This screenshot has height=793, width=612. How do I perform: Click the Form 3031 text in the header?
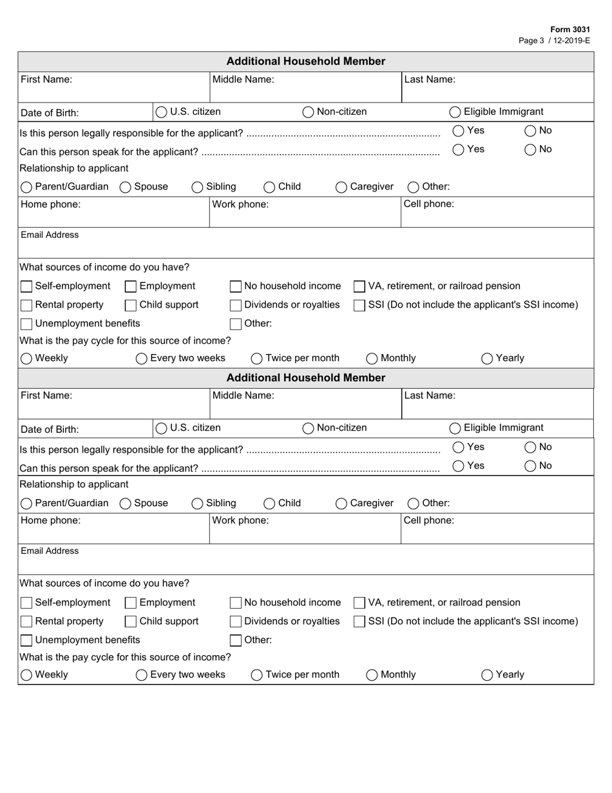pos(569,30)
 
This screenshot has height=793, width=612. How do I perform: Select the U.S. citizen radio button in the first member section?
pos(162,112)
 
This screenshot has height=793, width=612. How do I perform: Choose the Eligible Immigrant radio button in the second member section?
pos(455,428)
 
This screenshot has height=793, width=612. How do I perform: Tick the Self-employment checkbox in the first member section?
pos(26,286)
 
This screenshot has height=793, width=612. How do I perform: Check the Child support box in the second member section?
pos(131,622)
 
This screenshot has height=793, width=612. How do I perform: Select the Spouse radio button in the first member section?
pos(126,187)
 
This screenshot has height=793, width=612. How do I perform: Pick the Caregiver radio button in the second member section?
pos(341,504)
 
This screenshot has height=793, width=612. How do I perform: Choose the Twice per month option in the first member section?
pos(256,358)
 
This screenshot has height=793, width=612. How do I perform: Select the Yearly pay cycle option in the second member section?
pos(487,675)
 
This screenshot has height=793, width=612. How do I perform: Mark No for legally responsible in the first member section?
pos(530,131)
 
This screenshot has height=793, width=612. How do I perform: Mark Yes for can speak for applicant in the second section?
pos(459,466)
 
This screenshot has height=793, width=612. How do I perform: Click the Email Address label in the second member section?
pos(50,551)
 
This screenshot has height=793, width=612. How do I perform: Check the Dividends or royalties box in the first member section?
pos(236,305)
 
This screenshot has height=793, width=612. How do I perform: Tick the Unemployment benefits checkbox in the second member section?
pos(26,640)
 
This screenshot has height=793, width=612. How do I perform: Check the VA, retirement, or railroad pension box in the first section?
pos(359,286)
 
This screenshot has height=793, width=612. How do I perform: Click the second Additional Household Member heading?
pos(306,378)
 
